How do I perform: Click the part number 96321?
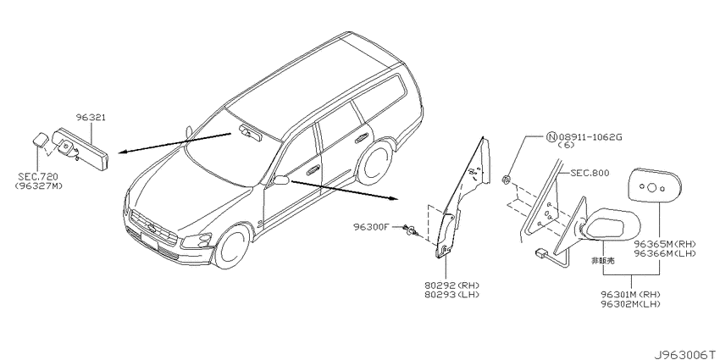pyautogui.click(x=91, y=118)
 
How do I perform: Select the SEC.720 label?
pyautogui.click(x=38, y=177)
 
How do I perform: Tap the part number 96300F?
pyautogui.click(x=371, y=226)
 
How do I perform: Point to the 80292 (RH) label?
pyautogui.click(x=451, y=285)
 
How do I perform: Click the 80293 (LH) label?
pyautogui.click(x=451, y=294)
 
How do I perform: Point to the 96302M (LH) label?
pyautogui.click(x=631, y=303)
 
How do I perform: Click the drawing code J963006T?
pyautogui.click(x=686, y=354)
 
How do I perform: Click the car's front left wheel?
pyautogui.click(x=233, y=247)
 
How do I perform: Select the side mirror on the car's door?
pyautogui.click(x=280, y=180)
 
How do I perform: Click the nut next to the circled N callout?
pyautogui.click(x=505, y=179)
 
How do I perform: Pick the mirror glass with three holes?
pyautogui.click(x=654, y=186)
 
